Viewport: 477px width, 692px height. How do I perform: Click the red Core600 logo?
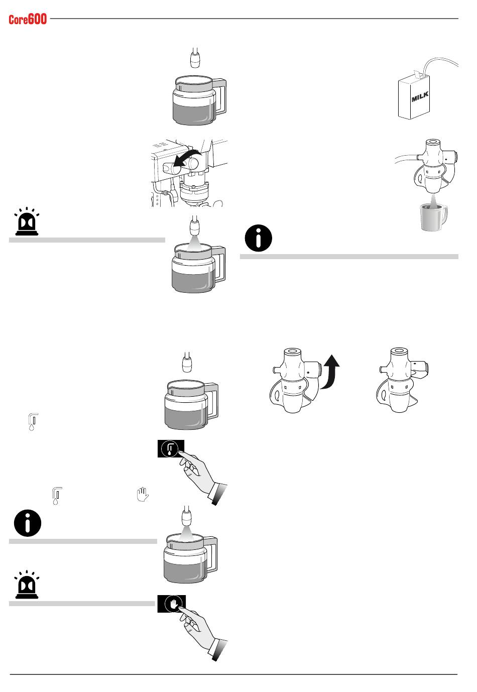pyautogui.click(x=28, y=20)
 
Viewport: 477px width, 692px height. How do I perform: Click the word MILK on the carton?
pyautogui.click(x=420, y=96)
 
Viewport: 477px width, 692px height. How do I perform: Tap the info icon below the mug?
pyautogui.click(x=258, y=238)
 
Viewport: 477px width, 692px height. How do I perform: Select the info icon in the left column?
pyautogui.click(x=27, y=523)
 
